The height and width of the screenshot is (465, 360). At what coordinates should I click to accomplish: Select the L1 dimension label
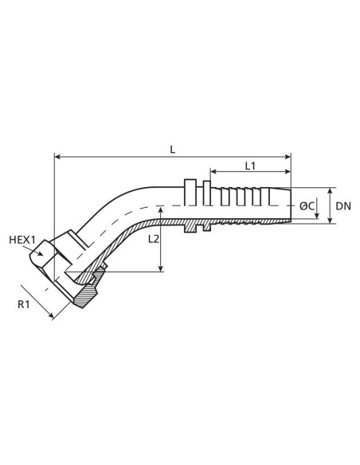pyautogui.click(x=249, y=166)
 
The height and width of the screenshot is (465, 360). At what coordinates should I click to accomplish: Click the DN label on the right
pyautogui.click(x=342, y=206)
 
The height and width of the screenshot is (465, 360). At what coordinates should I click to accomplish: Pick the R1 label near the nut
pyautogui.click(x=25, y=303)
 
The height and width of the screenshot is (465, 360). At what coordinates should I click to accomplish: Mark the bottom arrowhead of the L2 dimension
pyautogui.click(x=162, y=270)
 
